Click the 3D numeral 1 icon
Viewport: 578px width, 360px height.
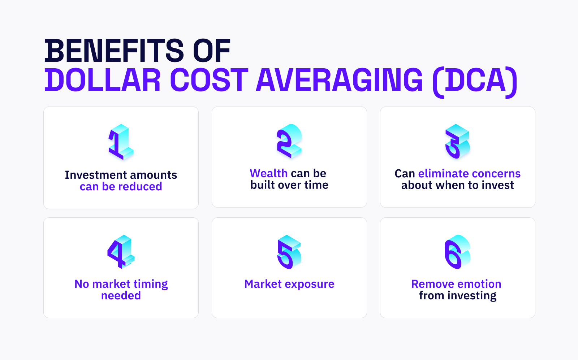(121, 142)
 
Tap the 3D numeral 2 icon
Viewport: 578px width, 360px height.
(289, 141)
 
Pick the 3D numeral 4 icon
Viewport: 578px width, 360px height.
(121, 252)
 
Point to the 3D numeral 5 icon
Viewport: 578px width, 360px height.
(289, 252)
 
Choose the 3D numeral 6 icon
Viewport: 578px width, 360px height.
(457, 252)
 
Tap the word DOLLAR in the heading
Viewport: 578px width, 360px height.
(103, 80)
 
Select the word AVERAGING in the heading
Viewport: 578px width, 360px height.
(339, 80)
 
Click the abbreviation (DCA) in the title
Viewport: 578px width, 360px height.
(475, 82)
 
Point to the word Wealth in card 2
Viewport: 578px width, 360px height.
(269, 173)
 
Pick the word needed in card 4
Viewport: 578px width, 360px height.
(121, 295)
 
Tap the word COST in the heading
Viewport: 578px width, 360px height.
(209, 80)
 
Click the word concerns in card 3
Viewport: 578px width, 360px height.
(495, 174)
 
